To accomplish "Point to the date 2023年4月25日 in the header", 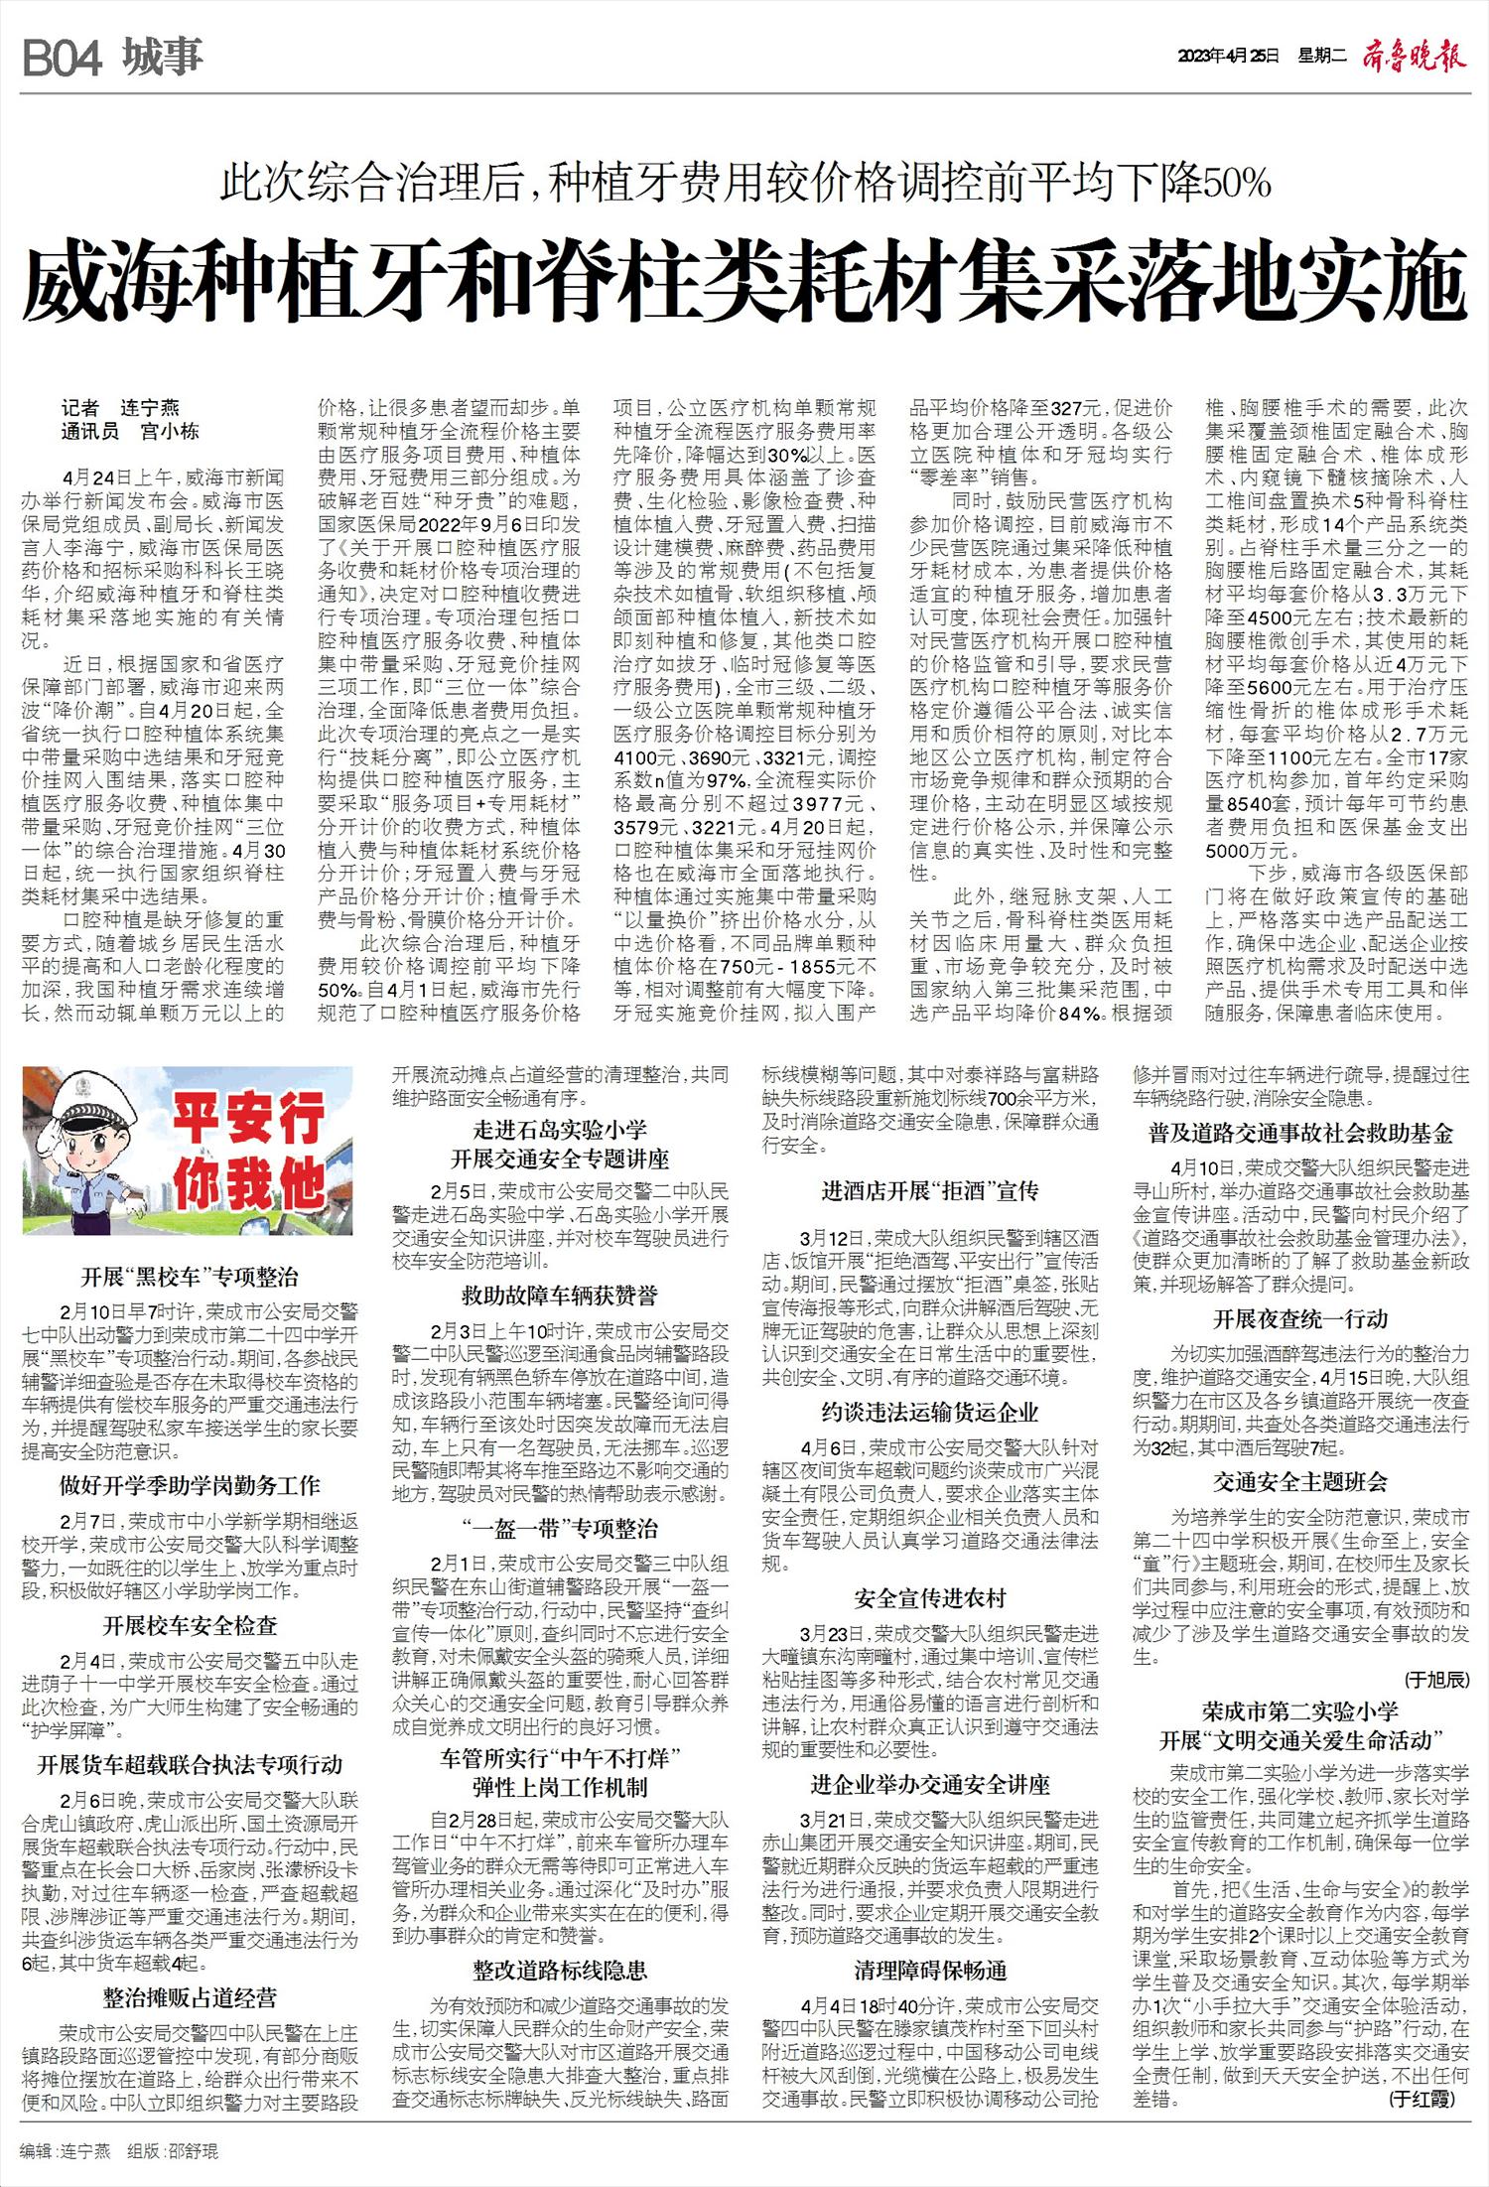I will (1227, 58).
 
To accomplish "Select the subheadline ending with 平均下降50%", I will (745, 183).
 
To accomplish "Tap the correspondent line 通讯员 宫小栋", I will (130, 431).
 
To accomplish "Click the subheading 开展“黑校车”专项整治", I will (190, 1278).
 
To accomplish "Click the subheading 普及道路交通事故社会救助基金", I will (1300, 1133).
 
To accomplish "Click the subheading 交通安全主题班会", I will (1300, 1482).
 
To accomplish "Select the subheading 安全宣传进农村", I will (930, 1598).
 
